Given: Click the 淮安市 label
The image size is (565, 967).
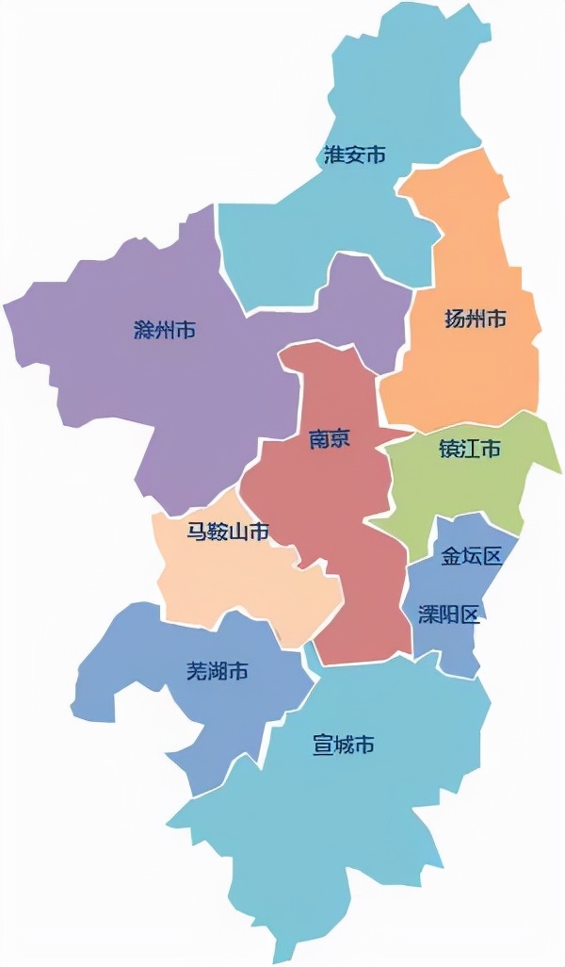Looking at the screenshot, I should click(355, 156).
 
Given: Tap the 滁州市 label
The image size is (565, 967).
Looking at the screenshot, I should click(165, 331).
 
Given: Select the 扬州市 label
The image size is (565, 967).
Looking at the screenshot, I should click(476, 320).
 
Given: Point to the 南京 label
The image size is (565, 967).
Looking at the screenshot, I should click(330, 438).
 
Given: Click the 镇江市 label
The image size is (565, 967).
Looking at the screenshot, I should click(470, 450).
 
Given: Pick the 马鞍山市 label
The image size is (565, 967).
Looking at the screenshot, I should click(228, 532).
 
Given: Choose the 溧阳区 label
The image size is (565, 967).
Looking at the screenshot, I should click(449, 615).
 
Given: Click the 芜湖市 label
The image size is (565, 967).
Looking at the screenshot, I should click(218, 671).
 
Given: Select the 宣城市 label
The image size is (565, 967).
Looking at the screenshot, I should click(344, 746).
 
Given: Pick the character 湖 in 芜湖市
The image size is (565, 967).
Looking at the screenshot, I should click(218, 671).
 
